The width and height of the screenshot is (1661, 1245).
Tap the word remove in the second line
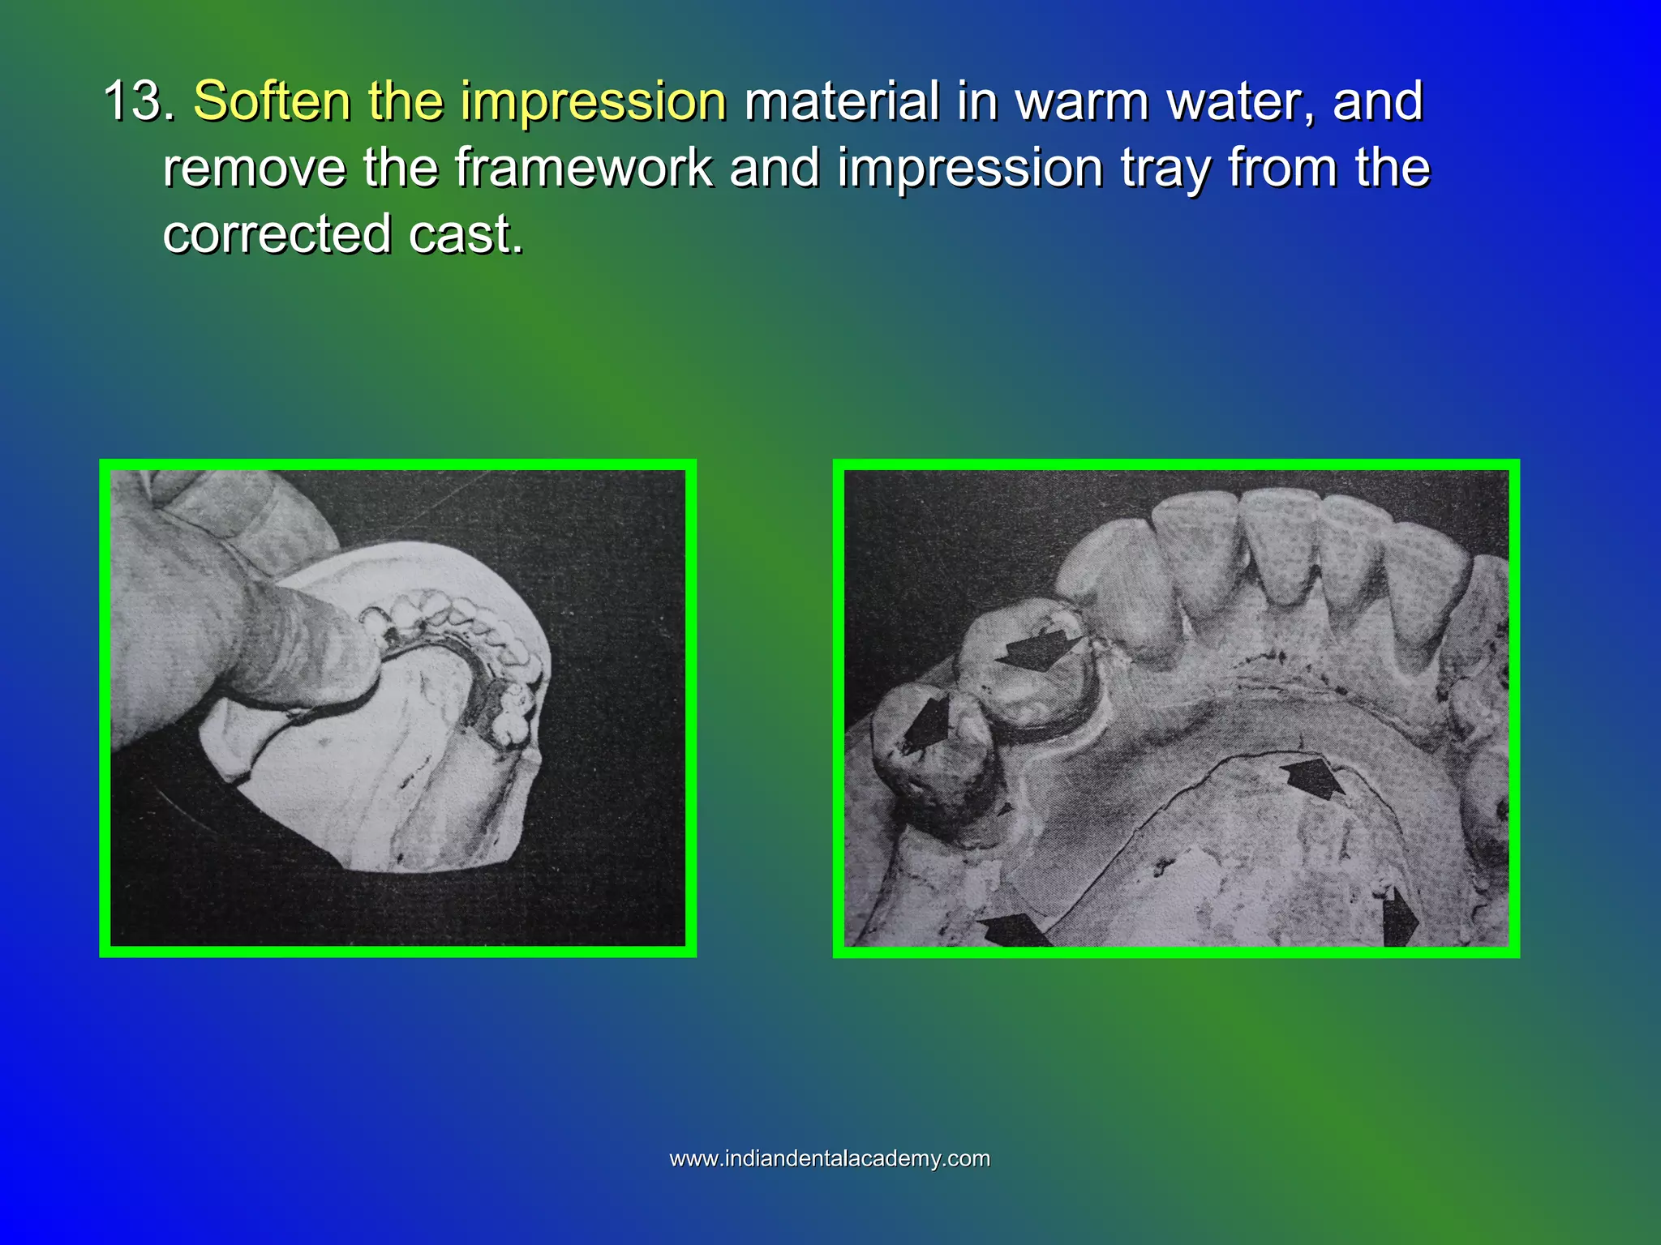click(x=255, y=169)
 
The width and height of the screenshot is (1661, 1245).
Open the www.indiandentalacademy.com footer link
click(x=830, y=1158)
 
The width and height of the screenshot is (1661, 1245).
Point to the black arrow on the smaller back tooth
click(x=928, y=722)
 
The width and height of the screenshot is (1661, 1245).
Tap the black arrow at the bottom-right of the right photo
click(x=1398, y=919)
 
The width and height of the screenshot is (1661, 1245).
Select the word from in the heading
click(x=1283, y=169)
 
